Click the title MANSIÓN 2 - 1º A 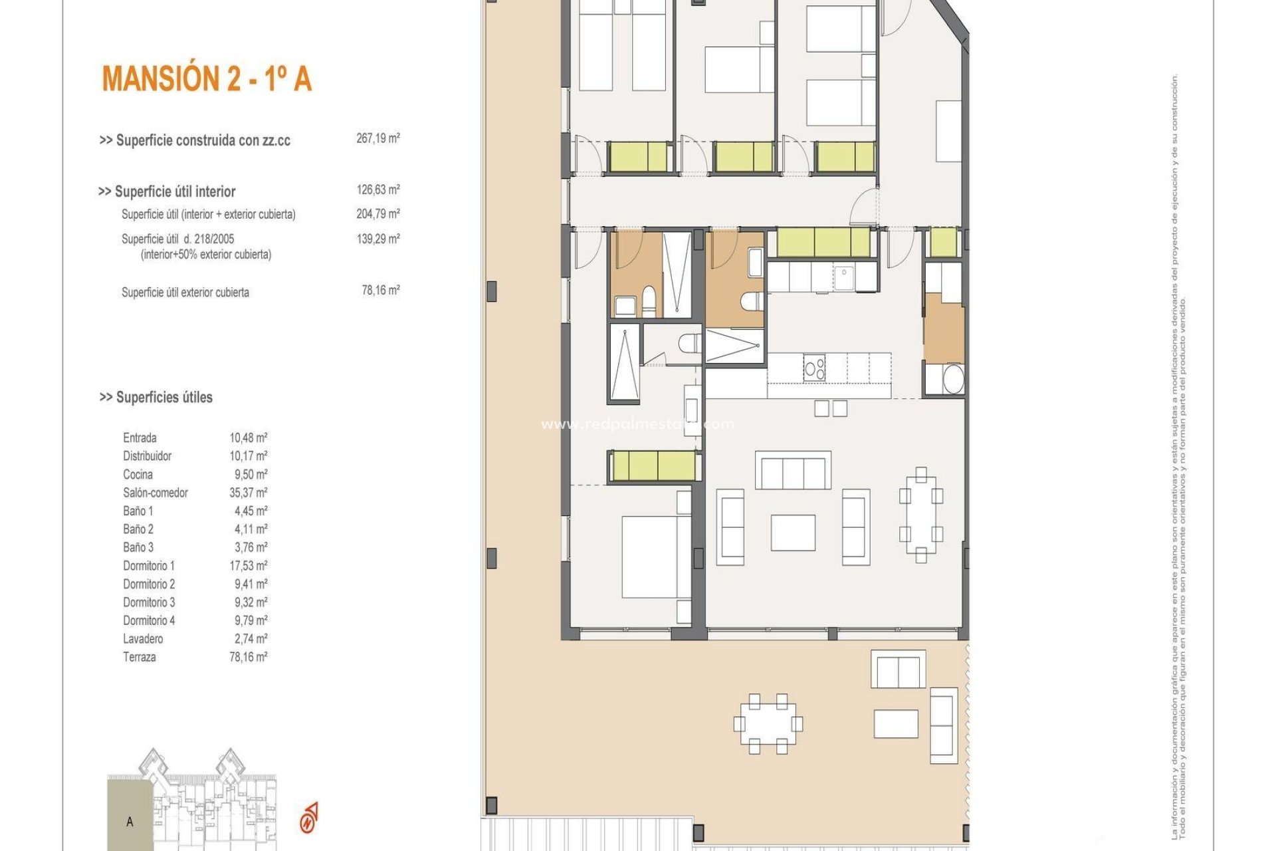(x=207, y=78)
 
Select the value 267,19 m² (x=377, y=138)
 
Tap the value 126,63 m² (x=377, y=189)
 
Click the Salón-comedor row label (x=155, y=493)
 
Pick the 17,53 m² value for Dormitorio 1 (x=248, y=566)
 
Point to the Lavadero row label (x=142, y=639)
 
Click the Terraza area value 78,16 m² (x=248, y=657)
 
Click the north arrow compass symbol (x=310, y=818)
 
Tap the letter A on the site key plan (x=130, y=822)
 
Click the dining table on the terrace (x=768, y=723)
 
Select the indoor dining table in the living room (x=920, y=515)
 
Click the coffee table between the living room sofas (x=793, y=532)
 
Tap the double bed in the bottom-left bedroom (x=649, y=557)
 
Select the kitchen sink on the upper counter (x=844, y=275)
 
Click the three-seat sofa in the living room (x=793, y=471)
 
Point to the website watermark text (x=637, y=424)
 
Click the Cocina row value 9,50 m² (x=248, y=475)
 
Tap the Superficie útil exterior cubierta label (x=185, y=293)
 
